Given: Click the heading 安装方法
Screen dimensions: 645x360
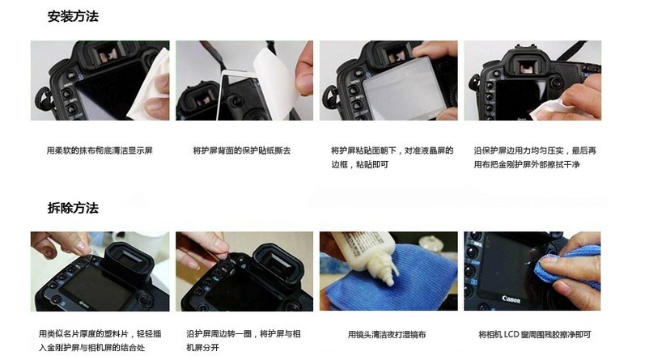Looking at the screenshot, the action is pyautogui.click(x=73, y=16).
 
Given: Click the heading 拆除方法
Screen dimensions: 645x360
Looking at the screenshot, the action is pyautogui.click(x=73, y=208).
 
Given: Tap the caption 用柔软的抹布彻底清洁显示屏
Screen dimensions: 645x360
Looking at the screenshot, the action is pyautogui.click(x=100, y=150).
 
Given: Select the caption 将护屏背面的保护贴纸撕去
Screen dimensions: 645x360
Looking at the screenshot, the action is pyautogui.click(x=242, y=150).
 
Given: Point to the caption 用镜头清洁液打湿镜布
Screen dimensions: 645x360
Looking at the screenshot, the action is pyautogui.click(x=387, y=334).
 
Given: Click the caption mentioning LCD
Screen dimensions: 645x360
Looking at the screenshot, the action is pyautogui.click(x=535, y=334).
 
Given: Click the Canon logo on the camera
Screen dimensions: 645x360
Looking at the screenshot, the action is pyautogui.click(x=511, y=299).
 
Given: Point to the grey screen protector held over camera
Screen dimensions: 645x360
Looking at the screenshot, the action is pyautogui.click(x=405, y=87).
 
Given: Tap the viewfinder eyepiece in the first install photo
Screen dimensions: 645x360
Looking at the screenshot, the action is pyautogui.click(x=108, y=54).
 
